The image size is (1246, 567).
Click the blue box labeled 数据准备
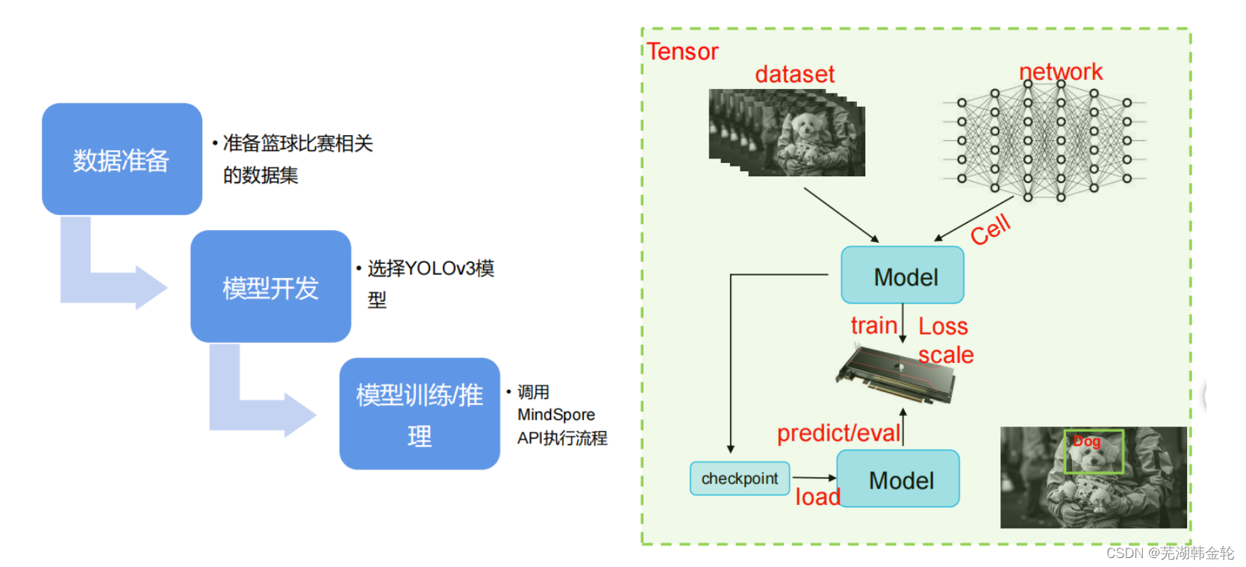(x=122, y=159)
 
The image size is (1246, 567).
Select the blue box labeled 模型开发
(x=270, y=287)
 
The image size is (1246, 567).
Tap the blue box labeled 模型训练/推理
(x=420, y=414)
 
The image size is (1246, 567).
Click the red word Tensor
(x=682, y=52)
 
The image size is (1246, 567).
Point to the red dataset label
(x=794, y=74)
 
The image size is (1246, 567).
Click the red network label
(x=1060, y=72)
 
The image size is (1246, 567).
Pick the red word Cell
(x=991, y=229)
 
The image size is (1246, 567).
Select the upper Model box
(x=902, y=276)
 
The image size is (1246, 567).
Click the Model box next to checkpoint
(x=898, y=479)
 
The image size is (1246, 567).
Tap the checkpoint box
(x=739, y=479)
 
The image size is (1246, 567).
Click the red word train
(x=873, y=326)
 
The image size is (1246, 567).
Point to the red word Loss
(x=943, y=326)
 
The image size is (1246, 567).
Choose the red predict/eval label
(x=838, y=433)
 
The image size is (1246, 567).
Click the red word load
(x=817, y=497)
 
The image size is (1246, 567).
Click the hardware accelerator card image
(x=896, y=373)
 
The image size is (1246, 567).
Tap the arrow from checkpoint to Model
(x=814, y=477)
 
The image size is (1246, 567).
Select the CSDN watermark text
(x=1170, y=553)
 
